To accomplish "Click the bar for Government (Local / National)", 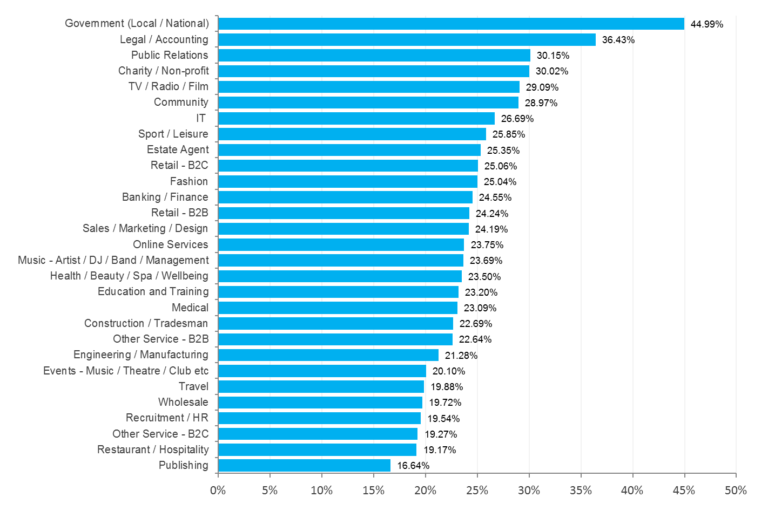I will (450, 23).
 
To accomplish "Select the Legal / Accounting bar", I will (406, 39).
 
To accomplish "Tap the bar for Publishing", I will (304, 465).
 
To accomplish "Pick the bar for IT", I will (356, 118).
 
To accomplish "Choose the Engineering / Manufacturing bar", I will (328, 355).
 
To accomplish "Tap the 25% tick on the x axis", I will (477, 491).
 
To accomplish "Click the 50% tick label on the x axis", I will (736, 491).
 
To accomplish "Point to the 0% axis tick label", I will (218, 491).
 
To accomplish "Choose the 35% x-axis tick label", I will (581, 491).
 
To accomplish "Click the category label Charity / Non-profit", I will (160, 71).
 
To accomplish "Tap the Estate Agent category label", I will (177, 150).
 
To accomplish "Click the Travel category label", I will (193, 386).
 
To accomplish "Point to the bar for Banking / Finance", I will (345, 197).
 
